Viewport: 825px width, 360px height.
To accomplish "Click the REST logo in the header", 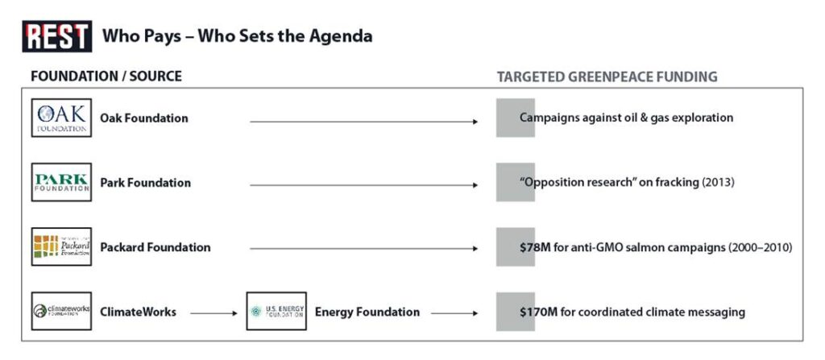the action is pos(57,36).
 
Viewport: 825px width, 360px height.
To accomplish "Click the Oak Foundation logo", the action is pos(61,118).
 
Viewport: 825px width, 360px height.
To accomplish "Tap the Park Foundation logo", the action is pos(61,182).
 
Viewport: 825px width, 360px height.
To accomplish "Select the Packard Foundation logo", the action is pos(61,246).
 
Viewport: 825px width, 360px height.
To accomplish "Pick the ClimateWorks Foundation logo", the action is pos(61,312).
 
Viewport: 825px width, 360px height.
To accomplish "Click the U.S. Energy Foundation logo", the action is pos(276,312).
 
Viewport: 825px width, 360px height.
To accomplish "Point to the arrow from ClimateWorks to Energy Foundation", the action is pos(214,313).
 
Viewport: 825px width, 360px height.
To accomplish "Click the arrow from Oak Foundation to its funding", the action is pos(363,122).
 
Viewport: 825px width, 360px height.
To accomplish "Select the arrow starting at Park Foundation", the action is pos(363,185).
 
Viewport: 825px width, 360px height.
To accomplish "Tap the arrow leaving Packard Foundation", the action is pos(363,249).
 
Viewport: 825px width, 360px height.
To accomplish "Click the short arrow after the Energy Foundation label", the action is pos(454,313).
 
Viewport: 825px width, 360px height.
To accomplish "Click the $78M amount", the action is pos(535,247).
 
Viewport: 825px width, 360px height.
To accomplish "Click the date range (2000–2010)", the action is pos(760,247).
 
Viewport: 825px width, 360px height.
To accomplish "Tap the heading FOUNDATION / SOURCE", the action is pos(106,77).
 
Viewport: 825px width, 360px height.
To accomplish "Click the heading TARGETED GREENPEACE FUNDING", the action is pos(607,77).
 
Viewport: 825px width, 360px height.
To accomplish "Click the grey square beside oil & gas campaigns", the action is pos(516,118).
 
